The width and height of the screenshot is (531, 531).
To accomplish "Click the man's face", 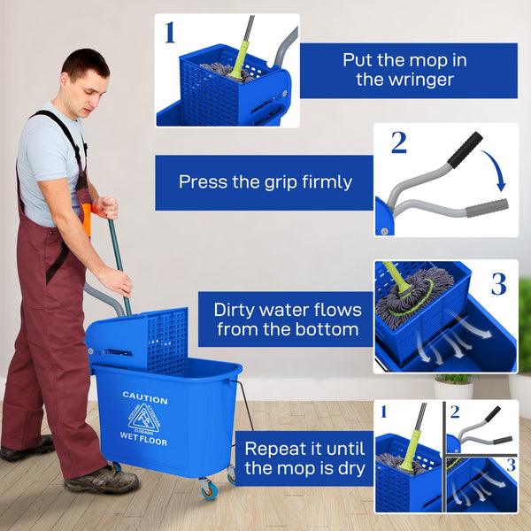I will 88,88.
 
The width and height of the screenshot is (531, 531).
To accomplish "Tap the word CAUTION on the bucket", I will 144,396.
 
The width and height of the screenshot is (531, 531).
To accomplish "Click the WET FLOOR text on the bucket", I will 143,441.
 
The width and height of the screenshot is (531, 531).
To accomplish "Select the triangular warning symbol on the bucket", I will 143,419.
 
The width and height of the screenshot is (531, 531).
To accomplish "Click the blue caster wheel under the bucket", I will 209,489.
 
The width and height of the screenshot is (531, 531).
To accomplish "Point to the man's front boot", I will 102,481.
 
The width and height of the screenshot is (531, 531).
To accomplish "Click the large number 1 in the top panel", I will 170,34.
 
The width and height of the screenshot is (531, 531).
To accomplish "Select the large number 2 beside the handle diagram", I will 398,142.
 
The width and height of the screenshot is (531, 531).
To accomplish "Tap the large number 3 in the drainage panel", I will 498,284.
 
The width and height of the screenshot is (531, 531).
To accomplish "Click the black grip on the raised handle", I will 464,150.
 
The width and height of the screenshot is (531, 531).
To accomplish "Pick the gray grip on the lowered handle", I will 487,208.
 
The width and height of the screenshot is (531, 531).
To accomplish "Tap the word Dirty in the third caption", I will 237,310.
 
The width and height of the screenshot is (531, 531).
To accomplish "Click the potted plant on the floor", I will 453,386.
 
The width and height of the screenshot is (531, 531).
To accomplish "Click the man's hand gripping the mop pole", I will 117,281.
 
